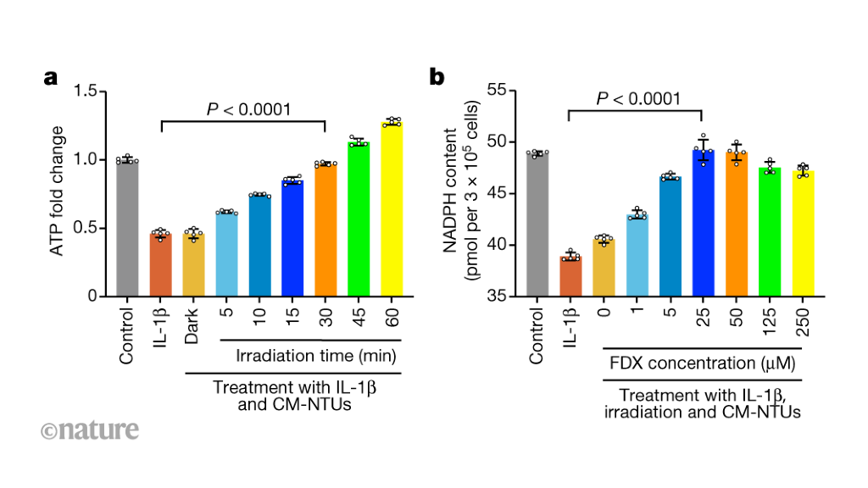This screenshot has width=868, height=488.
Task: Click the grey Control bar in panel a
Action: point(127,229)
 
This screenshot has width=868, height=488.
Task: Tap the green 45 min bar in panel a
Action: point(359,220)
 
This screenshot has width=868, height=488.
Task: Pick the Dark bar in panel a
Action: point(193,266)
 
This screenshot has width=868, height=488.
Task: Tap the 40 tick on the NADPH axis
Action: point(498,245)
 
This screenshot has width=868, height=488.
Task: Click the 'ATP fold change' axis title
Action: point(57,193)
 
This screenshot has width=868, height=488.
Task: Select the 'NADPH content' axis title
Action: point(453,193)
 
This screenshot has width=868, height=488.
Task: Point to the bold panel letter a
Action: point(51,79)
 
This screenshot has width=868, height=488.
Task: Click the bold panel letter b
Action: point(437,78)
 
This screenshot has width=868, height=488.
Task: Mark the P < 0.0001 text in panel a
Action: point(249,108)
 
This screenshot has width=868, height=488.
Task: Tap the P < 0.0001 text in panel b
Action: point(637,100)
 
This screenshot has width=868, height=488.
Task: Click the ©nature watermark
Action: point(89,430)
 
